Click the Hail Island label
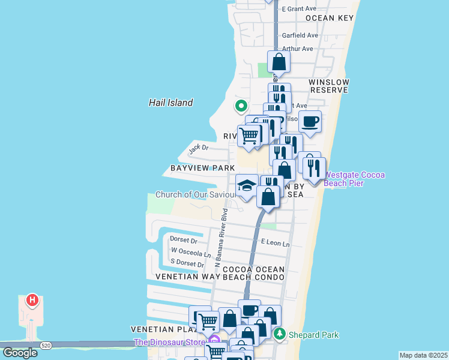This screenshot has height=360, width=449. pyautogui.click(x=170, y=103)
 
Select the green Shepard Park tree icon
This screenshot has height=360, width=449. pyautogui.click(x=279, y=334)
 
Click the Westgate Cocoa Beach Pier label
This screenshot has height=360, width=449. pyautogui.click(x=354, y=179)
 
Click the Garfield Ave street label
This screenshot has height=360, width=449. pyautogui.click(x=300, y=35)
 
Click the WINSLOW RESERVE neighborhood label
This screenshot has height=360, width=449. pyautogui.click(x=328, y=86)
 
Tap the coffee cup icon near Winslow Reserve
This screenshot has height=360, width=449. pyautogui.click(x=310, y=122)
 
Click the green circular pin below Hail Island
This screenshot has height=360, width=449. pyautogui.click(x=241, y=106)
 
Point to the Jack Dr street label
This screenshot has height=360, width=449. pyautogui.click(x=198, y=148)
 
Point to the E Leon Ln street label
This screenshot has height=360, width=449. pyautogui.click(x=275, y=244)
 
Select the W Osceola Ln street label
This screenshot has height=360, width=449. pyautogui.click(x=191, y=253)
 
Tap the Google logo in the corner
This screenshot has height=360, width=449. pyautogui.click(x=20, y=352)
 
